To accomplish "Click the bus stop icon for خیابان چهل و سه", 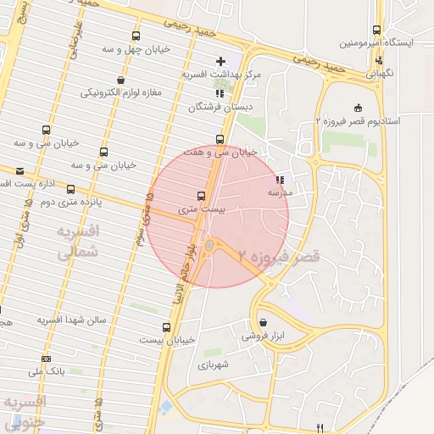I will tap(136, 36).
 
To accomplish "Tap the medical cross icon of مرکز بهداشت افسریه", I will tap(220, 61).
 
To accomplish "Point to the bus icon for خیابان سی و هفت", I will tap(220, 139).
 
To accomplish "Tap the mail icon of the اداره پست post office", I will tap(19, 171).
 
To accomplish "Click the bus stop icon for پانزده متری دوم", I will tap(70, 189).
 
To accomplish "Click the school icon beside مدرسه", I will tap(280, 180).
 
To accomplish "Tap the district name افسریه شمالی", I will tap(77, 241).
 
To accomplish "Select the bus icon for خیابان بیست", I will tap(166, 326).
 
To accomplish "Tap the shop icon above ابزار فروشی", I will tap(264, 323).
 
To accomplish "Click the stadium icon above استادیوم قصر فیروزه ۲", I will tap(358, 107).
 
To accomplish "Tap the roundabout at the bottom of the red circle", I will tap(209, 246).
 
